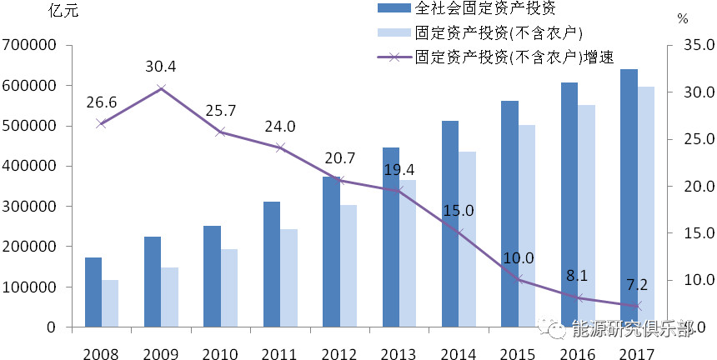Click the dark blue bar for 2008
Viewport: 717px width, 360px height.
point(93,292)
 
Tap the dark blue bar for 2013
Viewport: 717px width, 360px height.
point(390,237)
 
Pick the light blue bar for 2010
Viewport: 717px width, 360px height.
point(228,288)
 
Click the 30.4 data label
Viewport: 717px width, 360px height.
point(160,67)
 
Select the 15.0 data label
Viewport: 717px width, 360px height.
point(459,211)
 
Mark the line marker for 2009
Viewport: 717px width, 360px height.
point(161,87)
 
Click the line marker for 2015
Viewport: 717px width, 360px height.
point(519,280)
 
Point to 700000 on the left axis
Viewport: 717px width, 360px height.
point(29,45)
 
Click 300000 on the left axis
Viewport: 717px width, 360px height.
point(29,207)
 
